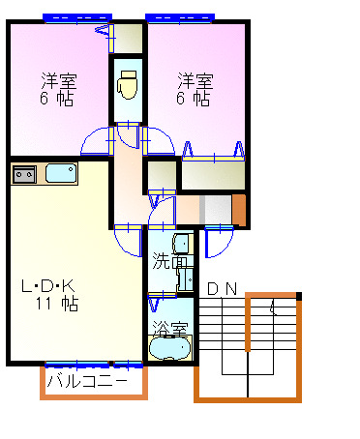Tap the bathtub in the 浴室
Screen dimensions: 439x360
point(171,345)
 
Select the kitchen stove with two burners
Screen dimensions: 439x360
point(24,174)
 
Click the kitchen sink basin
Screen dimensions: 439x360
point(60,174)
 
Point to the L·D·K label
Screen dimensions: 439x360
point(48,285)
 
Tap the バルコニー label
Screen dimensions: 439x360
point(86,381)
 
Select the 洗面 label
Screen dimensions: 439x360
point(165,261)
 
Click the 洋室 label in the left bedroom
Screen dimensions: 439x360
point(58,79)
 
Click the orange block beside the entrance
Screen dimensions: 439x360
point(239,209)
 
